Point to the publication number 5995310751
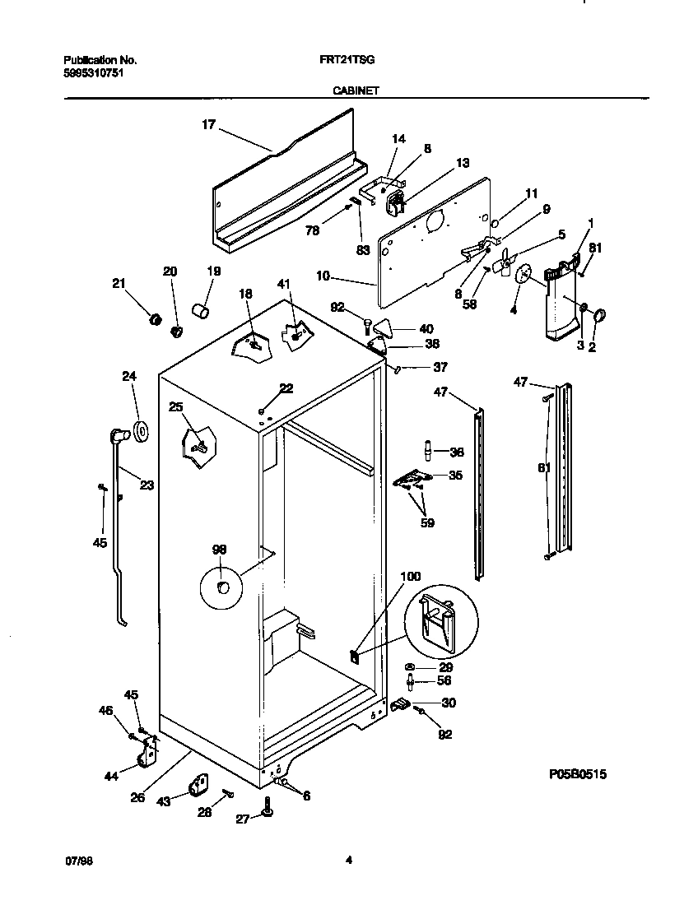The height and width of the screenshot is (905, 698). click(95, 72)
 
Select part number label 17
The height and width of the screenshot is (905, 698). click(208, 124)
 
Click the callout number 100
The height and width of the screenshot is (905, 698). click(410, 577)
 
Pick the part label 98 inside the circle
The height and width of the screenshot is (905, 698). click(220, 550)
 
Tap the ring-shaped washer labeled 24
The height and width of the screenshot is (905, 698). click(139, 429)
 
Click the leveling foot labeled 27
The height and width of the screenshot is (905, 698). click(267, 814)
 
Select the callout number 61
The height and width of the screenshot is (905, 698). click(542, 469)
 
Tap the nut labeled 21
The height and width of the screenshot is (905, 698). click(152, 319)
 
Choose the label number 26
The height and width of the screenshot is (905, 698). click(137, 796)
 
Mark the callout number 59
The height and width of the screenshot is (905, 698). click(426, 522)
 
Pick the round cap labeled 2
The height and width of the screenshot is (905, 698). click(598, 315)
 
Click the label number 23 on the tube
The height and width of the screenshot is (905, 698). click(146, 485)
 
